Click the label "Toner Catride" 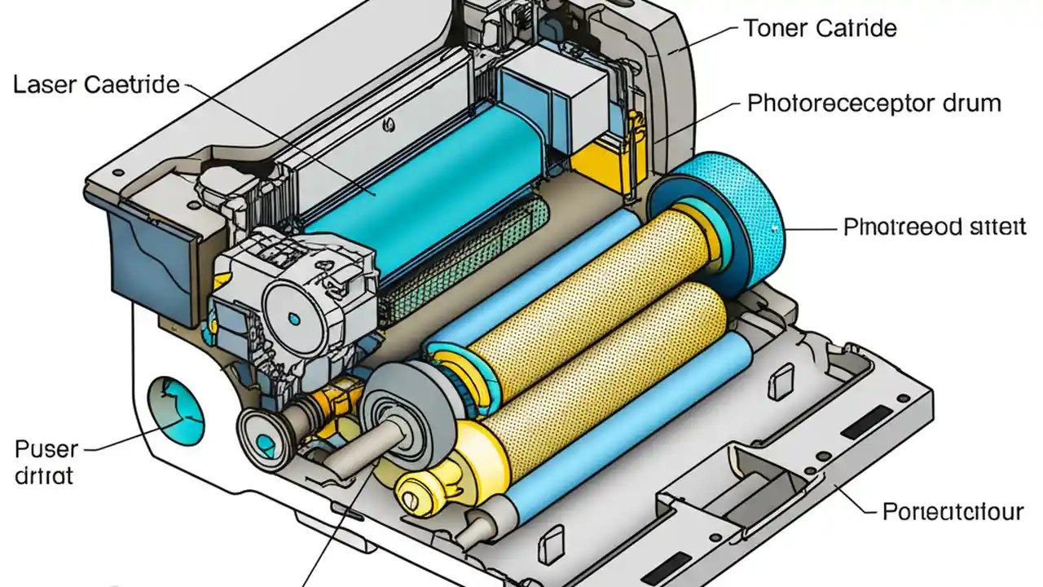point(820,29)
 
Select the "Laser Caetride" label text point(96,85)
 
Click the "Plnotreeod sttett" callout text point(935,227)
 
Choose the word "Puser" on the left point(46,449)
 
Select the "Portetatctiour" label point(953,512)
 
